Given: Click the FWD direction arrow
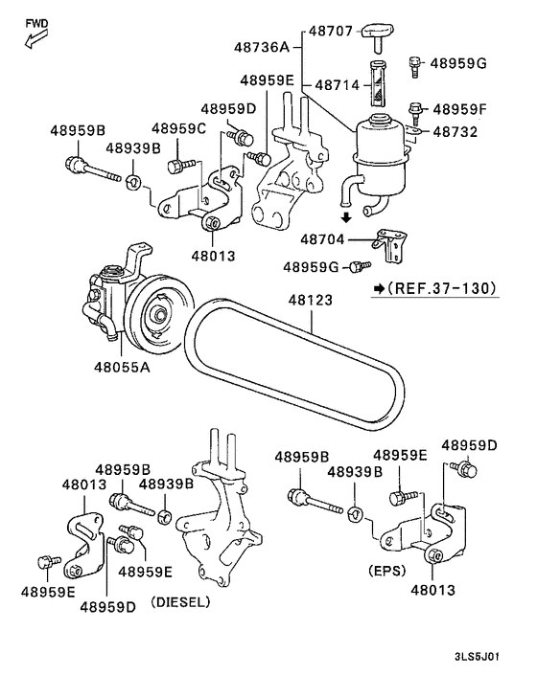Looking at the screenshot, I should (x=35, y=39).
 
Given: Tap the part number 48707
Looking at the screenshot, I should (x=331, y=33).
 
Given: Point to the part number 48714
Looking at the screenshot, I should (x=337, y=85).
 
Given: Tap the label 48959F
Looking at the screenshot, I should (x=459, y=109).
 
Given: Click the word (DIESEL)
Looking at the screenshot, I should (x=180, y=604).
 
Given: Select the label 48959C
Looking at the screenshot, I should (x=179, y=129).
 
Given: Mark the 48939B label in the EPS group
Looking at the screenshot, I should (x=355, y=471).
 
